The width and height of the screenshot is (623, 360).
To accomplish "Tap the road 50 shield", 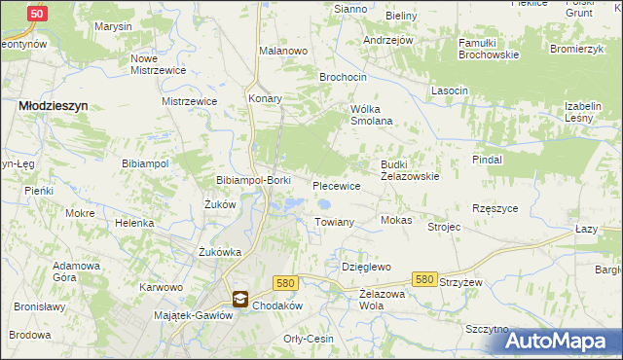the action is click(x=37, y=14).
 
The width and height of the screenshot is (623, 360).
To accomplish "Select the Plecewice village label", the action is click(x=337, y=185).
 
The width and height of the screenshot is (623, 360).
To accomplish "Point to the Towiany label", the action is click(x=334, y=223).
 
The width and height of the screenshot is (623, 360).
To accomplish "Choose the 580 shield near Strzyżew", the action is click(x=423, y=279).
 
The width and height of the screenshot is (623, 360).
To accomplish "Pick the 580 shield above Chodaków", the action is click(x=284, y=282).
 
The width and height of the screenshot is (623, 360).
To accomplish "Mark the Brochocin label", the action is click(x=344, y=76).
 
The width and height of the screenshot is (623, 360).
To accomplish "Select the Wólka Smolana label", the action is click(x=371, y=115).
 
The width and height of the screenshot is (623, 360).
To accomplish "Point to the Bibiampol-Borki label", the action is click(x=253, y=181).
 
